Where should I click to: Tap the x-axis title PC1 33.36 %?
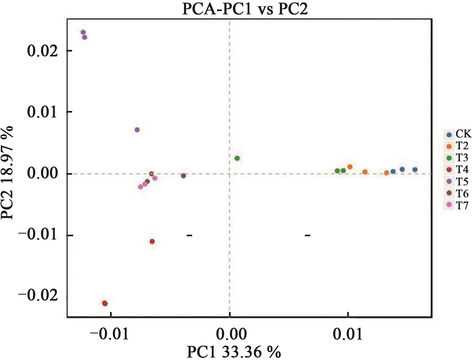click(234, 352)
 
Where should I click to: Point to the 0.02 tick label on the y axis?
click(43, 51)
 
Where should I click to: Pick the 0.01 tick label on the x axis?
click(348, 334)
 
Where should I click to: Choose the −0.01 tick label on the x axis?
click(109, 334)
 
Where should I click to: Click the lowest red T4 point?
click(105, 303)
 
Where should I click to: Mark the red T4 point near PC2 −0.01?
click(152, 241)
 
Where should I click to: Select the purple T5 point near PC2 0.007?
click(137, 130)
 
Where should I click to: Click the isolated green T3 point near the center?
click(237, 158)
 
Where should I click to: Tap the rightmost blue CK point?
click(415, 170)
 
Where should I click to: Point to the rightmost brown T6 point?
click(183, 176)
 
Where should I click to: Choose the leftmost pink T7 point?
click(140, 187)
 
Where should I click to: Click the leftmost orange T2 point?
click(350, 167)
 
